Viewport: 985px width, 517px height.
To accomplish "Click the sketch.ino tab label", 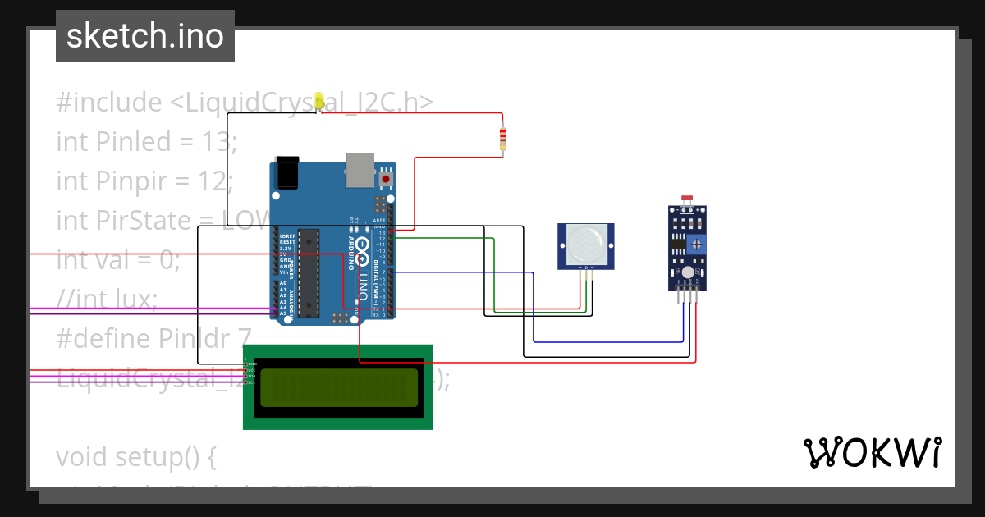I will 144,36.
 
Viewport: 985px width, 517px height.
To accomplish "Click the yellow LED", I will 318,100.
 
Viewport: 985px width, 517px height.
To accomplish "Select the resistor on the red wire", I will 503,140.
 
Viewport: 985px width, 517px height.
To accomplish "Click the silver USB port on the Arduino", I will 359,167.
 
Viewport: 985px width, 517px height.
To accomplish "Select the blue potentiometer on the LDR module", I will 697,244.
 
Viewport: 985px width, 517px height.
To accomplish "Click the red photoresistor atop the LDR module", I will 688,199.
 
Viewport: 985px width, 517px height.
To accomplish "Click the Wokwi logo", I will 872,452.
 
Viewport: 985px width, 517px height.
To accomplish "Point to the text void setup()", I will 135,456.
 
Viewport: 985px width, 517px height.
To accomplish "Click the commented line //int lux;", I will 107,300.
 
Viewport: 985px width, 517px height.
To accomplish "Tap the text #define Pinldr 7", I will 153,339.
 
